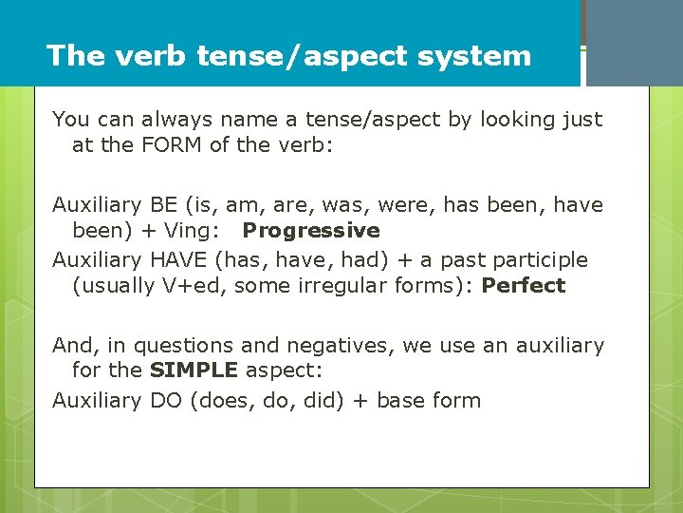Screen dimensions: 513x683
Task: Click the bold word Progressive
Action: tap(311, 231)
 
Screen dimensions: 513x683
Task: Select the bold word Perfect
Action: tap(524, 286)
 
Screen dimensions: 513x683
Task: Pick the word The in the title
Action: tap(76, 55)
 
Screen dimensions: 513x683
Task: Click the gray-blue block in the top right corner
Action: tap(634, 43)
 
